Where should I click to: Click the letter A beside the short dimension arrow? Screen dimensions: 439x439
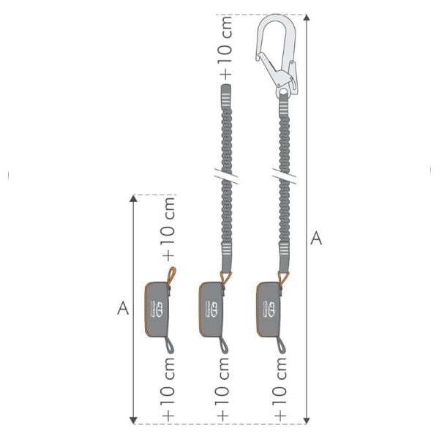(123, 308)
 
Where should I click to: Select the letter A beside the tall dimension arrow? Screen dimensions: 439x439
(316, 239)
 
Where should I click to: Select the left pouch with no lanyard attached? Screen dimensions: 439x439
(157, 309)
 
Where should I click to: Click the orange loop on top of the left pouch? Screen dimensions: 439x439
(170, 276)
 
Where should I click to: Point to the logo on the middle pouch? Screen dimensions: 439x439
(211, 307)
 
